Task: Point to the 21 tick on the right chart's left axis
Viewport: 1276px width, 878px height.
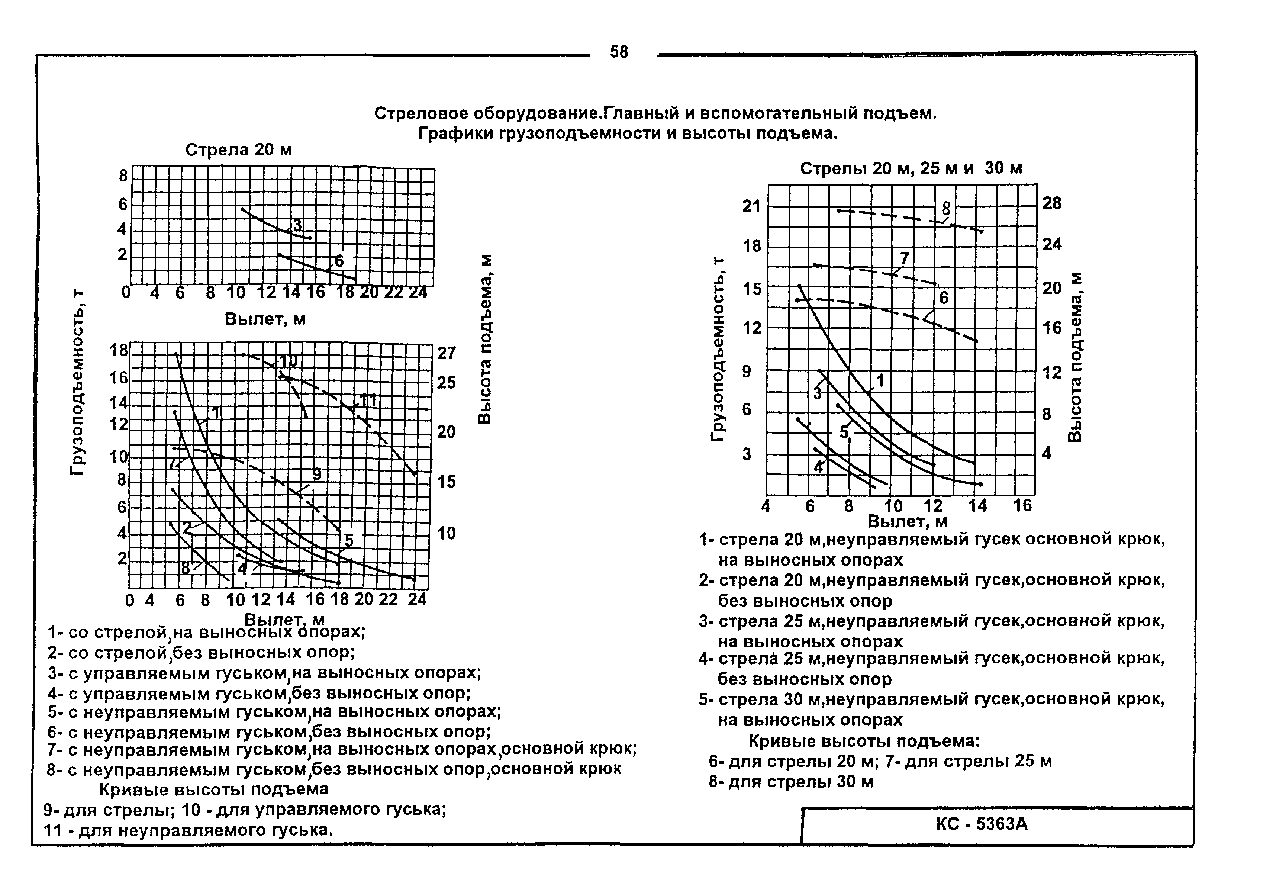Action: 751,206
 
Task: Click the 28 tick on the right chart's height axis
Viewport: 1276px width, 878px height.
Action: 1051,203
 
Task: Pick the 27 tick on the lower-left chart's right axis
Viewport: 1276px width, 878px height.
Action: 446,353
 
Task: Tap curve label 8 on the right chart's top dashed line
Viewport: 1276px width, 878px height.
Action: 946,209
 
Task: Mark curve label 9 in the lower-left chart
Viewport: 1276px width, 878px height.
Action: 316,474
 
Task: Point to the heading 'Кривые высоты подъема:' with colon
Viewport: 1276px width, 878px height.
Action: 864,741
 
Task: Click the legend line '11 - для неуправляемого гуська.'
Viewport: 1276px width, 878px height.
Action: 188,830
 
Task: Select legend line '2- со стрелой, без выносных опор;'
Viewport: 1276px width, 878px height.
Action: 201,653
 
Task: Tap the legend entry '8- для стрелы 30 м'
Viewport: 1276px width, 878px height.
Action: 791,782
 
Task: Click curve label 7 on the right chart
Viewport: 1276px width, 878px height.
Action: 904,258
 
